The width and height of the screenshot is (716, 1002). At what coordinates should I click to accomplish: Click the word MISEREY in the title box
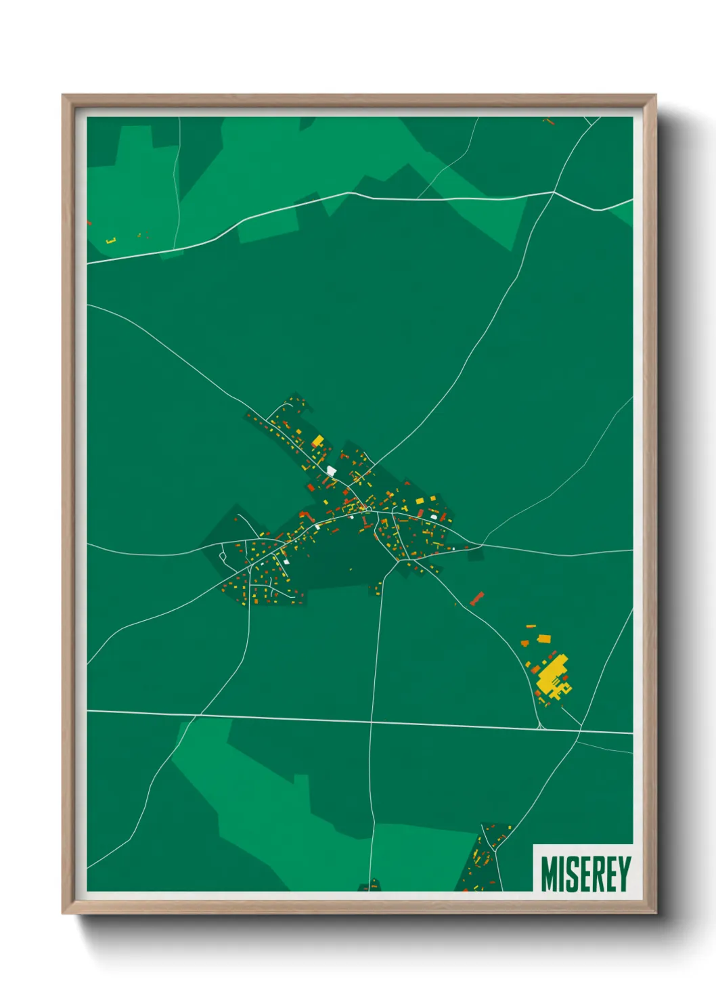585,874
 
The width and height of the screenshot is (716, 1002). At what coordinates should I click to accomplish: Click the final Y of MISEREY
623,874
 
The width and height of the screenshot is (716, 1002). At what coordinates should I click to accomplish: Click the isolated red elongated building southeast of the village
477,598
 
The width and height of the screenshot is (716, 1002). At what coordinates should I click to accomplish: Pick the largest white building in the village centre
331,471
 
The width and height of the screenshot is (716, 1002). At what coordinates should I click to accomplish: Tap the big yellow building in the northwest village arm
317,441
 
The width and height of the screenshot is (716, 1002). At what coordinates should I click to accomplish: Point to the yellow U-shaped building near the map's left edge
112,240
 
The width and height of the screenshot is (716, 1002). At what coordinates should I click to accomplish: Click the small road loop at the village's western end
223,557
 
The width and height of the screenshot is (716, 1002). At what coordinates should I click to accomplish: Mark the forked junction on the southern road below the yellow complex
539,727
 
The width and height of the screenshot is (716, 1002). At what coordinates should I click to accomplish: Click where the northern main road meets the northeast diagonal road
554,192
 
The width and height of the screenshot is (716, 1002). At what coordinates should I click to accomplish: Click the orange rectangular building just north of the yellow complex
543,638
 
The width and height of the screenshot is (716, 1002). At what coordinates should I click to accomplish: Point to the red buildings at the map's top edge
548,122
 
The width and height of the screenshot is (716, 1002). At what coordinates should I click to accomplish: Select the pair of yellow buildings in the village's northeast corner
425,500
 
